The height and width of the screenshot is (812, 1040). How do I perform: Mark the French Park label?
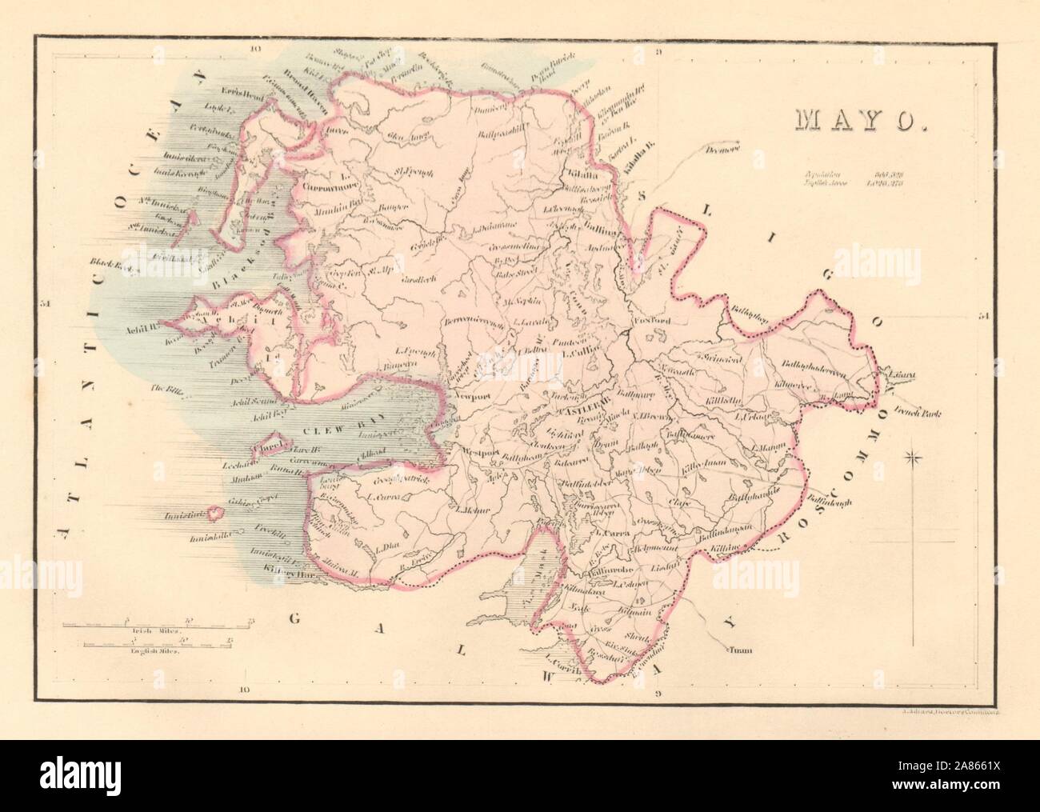pyautogui.click(x=916, y=414)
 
